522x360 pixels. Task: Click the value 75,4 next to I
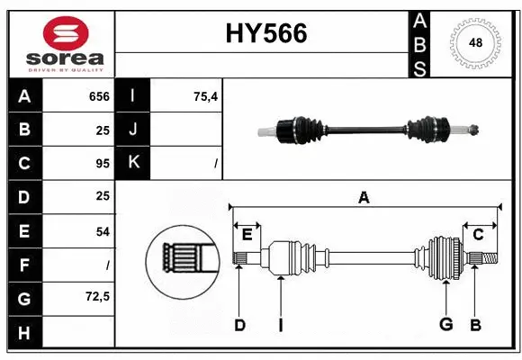pyautogui.click(x=205, y=96)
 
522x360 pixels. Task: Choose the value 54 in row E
pyautogui.click(x=103, y=231)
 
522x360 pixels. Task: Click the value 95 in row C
pyautogui.click(x=103, y=164)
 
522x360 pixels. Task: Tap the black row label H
pyautogui.click(x=24, y=332)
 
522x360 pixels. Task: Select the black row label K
pyautogui.click(x=133, y=163)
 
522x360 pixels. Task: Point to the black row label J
pyautogui.click(x=133, y=130)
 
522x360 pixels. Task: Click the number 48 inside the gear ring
pyautogui.click(x=474, y=42)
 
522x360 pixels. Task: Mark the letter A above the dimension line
pyautogui.click(x=364, y=197)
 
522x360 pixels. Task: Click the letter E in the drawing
pyautogui.click(x=247, y=235)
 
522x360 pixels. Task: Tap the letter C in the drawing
pyautogui.click(x=478, y=234)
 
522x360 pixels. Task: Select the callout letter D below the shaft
pyautogui.click(x=239, y=325)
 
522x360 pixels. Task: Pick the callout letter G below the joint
pyautogui.click(x=445, y=325)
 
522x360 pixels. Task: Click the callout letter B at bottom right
pyautogui.click(x=476, y=325)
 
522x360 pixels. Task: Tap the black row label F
pyautogui.click(x=24, y=265)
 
